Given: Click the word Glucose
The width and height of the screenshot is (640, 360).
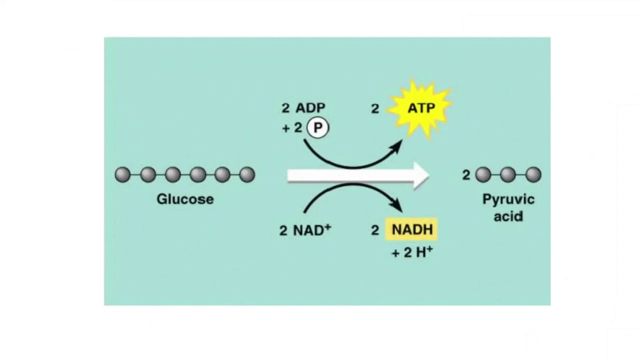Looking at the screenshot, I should pos(185,199).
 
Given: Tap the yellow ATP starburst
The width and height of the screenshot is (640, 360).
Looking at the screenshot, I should pos(421,108).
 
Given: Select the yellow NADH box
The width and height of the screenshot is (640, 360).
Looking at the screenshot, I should pos(412,229).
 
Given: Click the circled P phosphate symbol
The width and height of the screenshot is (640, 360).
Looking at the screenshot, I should pos(317,128).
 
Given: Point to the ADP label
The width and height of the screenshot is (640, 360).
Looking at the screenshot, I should pos(310,108).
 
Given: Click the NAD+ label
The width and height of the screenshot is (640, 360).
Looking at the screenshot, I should pos(311,230).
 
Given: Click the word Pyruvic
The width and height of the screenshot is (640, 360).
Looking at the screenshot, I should pos(508,199).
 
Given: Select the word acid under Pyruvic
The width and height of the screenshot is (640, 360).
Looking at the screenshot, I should pos(508,216).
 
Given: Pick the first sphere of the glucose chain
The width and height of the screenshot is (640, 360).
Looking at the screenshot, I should pos(122,174).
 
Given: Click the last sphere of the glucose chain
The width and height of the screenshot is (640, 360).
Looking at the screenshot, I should pos(247,174).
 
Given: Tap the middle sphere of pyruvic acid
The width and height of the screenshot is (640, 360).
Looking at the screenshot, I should pos(508,174).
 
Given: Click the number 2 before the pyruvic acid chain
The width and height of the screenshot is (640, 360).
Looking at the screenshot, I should pos(466,175).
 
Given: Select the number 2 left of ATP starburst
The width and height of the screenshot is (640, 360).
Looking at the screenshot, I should pos(375,109).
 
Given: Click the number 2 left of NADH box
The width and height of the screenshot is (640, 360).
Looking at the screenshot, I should pos(375,230).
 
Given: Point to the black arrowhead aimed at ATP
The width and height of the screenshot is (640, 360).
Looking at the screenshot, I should pos(396,146).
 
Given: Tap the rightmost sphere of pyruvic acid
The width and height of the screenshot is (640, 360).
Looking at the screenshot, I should pos(533,174).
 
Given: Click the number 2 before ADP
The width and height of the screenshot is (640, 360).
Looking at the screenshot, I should pos(285,108).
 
